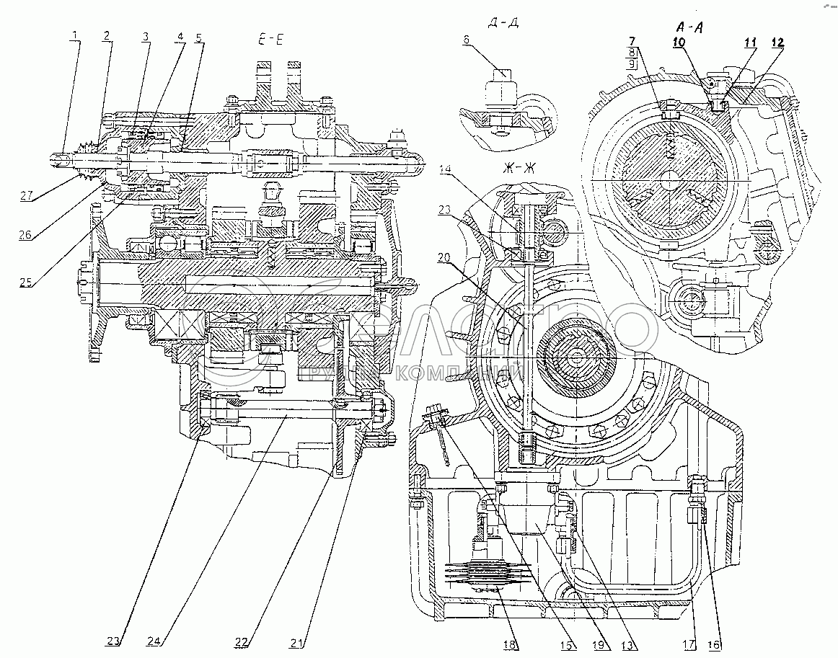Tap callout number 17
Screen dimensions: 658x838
click(690, 644)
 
